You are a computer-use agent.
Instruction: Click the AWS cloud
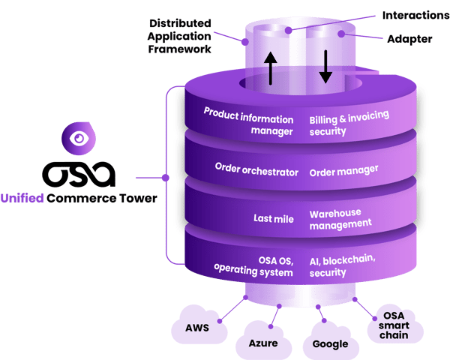click(x=196, y=328)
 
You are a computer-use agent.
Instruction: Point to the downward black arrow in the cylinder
click(x=325, y=67)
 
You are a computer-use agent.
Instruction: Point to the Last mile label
click(x=272, y=217)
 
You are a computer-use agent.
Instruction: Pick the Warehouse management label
click(x=340, y=217)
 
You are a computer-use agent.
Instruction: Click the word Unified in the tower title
click(x=22, y=198)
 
